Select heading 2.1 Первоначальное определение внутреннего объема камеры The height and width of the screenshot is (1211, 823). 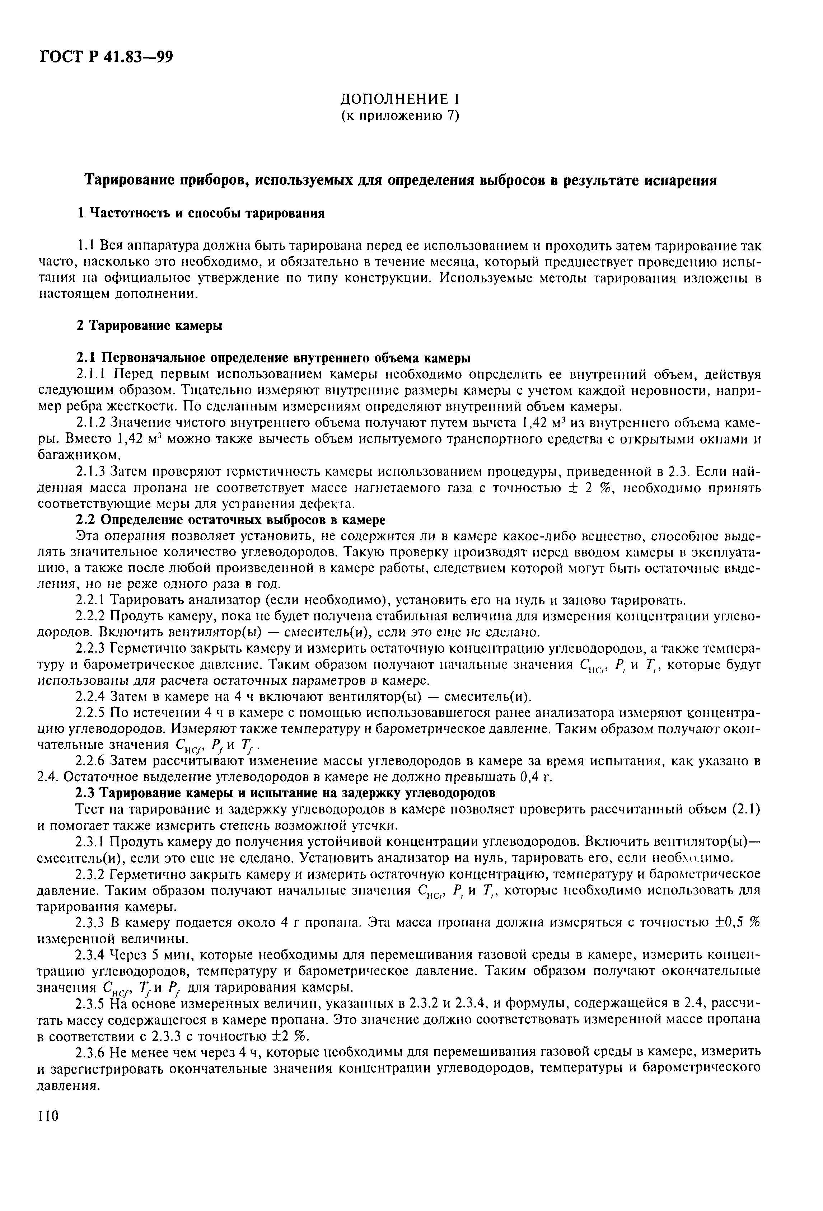(x=273, y=358)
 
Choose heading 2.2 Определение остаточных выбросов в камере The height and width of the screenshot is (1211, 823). (x=230, y=520)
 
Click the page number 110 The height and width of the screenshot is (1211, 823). (x=48, y=1116)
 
